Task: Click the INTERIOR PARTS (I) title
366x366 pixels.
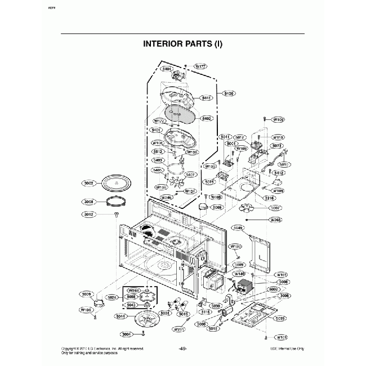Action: coord(183,44)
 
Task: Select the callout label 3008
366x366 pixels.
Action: coord(89,201)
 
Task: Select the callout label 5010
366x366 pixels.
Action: coord(283,164)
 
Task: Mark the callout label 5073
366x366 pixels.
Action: coord(276,146)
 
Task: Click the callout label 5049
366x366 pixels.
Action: coord(238,228)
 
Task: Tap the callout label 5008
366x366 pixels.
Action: coord(284,282)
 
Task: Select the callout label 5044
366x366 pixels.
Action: coord(120,316)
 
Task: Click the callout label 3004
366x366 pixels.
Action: coord(127,334)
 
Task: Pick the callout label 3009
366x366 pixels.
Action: coord(86,294)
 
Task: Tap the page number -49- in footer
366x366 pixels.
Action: coord(183,349)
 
